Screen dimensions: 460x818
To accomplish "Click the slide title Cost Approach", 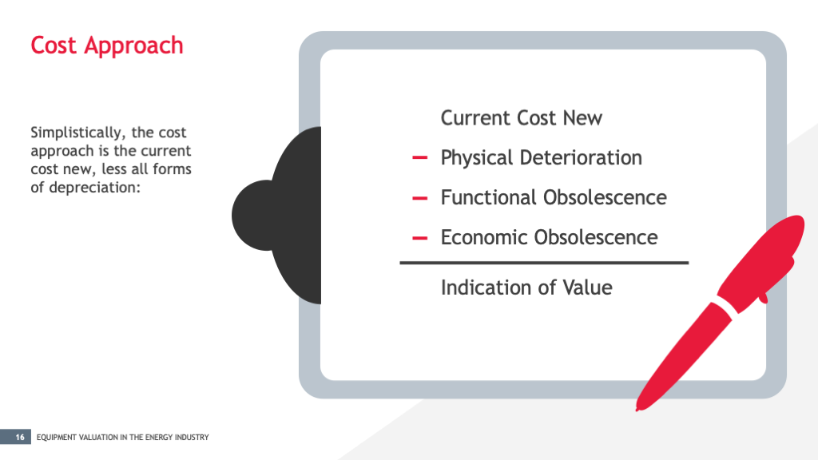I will pos(106,46).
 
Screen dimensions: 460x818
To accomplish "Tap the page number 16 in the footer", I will pos(19,437).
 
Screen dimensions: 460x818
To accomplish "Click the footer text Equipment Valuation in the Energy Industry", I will pos(123,438).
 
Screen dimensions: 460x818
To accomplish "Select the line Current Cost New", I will pos(521,118).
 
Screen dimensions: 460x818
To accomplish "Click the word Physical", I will pos(477,158).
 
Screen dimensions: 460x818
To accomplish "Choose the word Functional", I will pos(488,197).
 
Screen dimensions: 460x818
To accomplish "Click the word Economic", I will pos(484,237).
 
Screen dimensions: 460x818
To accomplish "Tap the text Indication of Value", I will pos(526,287).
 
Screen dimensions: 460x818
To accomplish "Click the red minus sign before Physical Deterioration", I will pos(419,158).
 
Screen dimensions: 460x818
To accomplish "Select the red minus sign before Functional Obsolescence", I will pos(419,198).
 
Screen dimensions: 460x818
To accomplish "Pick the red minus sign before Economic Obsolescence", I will pos(419,238).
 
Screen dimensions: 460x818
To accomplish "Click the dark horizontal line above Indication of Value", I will pos(543,262).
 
